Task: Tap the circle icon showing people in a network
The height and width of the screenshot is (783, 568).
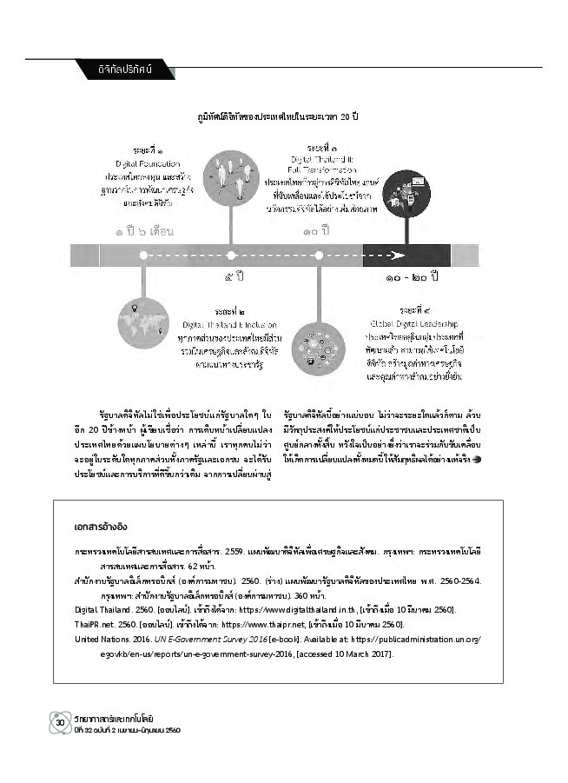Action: pos(230,178)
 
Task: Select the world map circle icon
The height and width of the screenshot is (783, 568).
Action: pos(142,323)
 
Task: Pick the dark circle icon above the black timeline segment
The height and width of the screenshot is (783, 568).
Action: pos(406,193)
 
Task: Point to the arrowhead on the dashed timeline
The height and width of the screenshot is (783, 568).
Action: pos(399,255)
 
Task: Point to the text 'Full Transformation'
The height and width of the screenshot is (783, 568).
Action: pos(322,169)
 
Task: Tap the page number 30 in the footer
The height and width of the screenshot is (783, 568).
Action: pos(60,722)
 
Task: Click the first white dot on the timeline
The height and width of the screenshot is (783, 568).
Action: pos(142,255)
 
